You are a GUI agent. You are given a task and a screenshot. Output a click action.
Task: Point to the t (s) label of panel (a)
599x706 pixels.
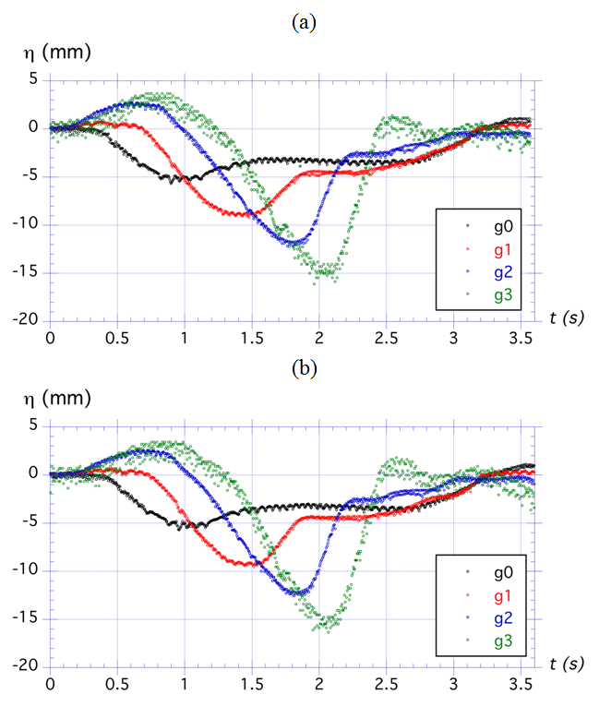[x=562, y=318]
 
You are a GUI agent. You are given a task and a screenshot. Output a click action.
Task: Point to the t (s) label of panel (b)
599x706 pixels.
[x=562, y=665]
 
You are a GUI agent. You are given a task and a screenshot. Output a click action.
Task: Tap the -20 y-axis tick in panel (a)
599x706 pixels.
[x=28, y=319]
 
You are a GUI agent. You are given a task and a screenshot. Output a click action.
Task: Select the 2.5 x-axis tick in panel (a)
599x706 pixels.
[x=387, y=338]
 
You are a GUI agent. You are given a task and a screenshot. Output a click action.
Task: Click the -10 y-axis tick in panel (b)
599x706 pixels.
[x=28, y=570]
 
